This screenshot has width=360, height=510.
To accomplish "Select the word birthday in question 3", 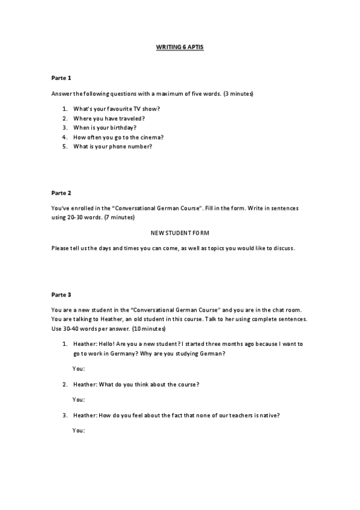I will coord(122,127).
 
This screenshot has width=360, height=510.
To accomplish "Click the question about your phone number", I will coord(112,147).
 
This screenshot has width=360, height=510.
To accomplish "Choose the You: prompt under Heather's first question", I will coord(79,368).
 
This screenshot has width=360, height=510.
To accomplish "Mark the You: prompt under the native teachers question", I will coord(79,431).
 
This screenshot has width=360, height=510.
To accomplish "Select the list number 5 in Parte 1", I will coord(65,147).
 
